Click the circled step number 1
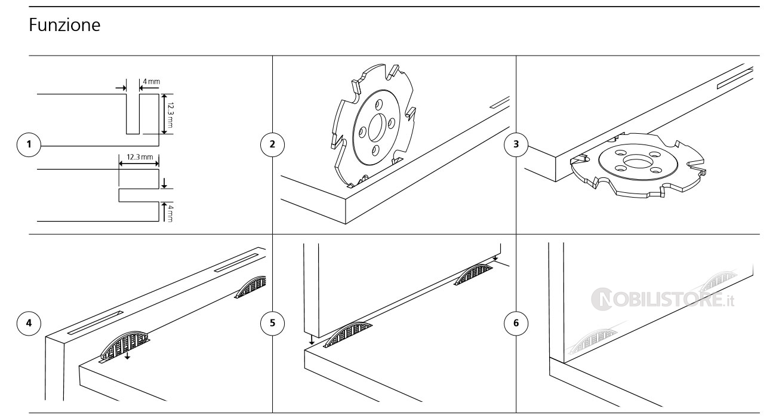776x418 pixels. point(29,144)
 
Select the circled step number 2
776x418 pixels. point(273,144)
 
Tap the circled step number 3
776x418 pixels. point(516,144)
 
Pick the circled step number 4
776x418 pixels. point(29,323)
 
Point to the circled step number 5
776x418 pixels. point(273,323)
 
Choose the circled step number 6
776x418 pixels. point(516,323)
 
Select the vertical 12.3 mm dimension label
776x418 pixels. point(170,114)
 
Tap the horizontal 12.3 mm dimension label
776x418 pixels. point(139,156)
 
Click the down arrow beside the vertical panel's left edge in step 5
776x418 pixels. point(312,339)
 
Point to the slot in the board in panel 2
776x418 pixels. point(499,102)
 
